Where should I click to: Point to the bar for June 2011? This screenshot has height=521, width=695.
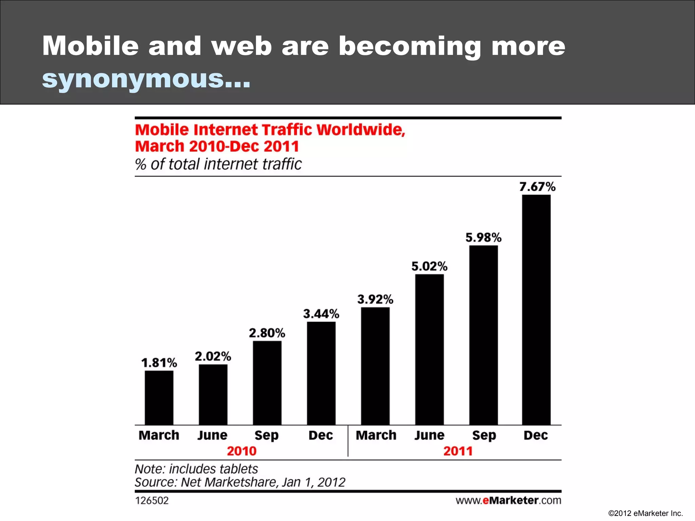(x=429, y=349)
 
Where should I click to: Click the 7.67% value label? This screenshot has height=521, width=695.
(x=537, y=187)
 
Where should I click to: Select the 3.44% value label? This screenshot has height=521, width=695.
(x=321, y=314)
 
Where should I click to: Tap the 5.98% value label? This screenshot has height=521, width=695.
(x=483, y=237)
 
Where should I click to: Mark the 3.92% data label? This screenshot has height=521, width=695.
(x=375, y=299)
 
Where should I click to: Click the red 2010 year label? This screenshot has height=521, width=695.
(x=242, y=451)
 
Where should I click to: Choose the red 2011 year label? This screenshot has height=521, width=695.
(x=458, y=451)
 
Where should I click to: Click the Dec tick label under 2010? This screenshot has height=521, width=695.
(x=321, y=435)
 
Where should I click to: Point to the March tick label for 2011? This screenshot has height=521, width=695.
(x=376, y=435)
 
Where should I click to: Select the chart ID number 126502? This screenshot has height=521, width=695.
(x=152, y=501)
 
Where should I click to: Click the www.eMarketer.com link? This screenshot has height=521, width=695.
(x=508, y=500)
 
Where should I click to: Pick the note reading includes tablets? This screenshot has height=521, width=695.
(x=196, y=469)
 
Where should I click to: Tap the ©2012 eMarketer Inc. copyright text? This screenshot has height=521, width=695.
(x=645, y=513)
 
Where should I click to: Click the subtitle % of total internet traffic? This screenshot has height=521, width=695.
(x=218, y=165)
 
